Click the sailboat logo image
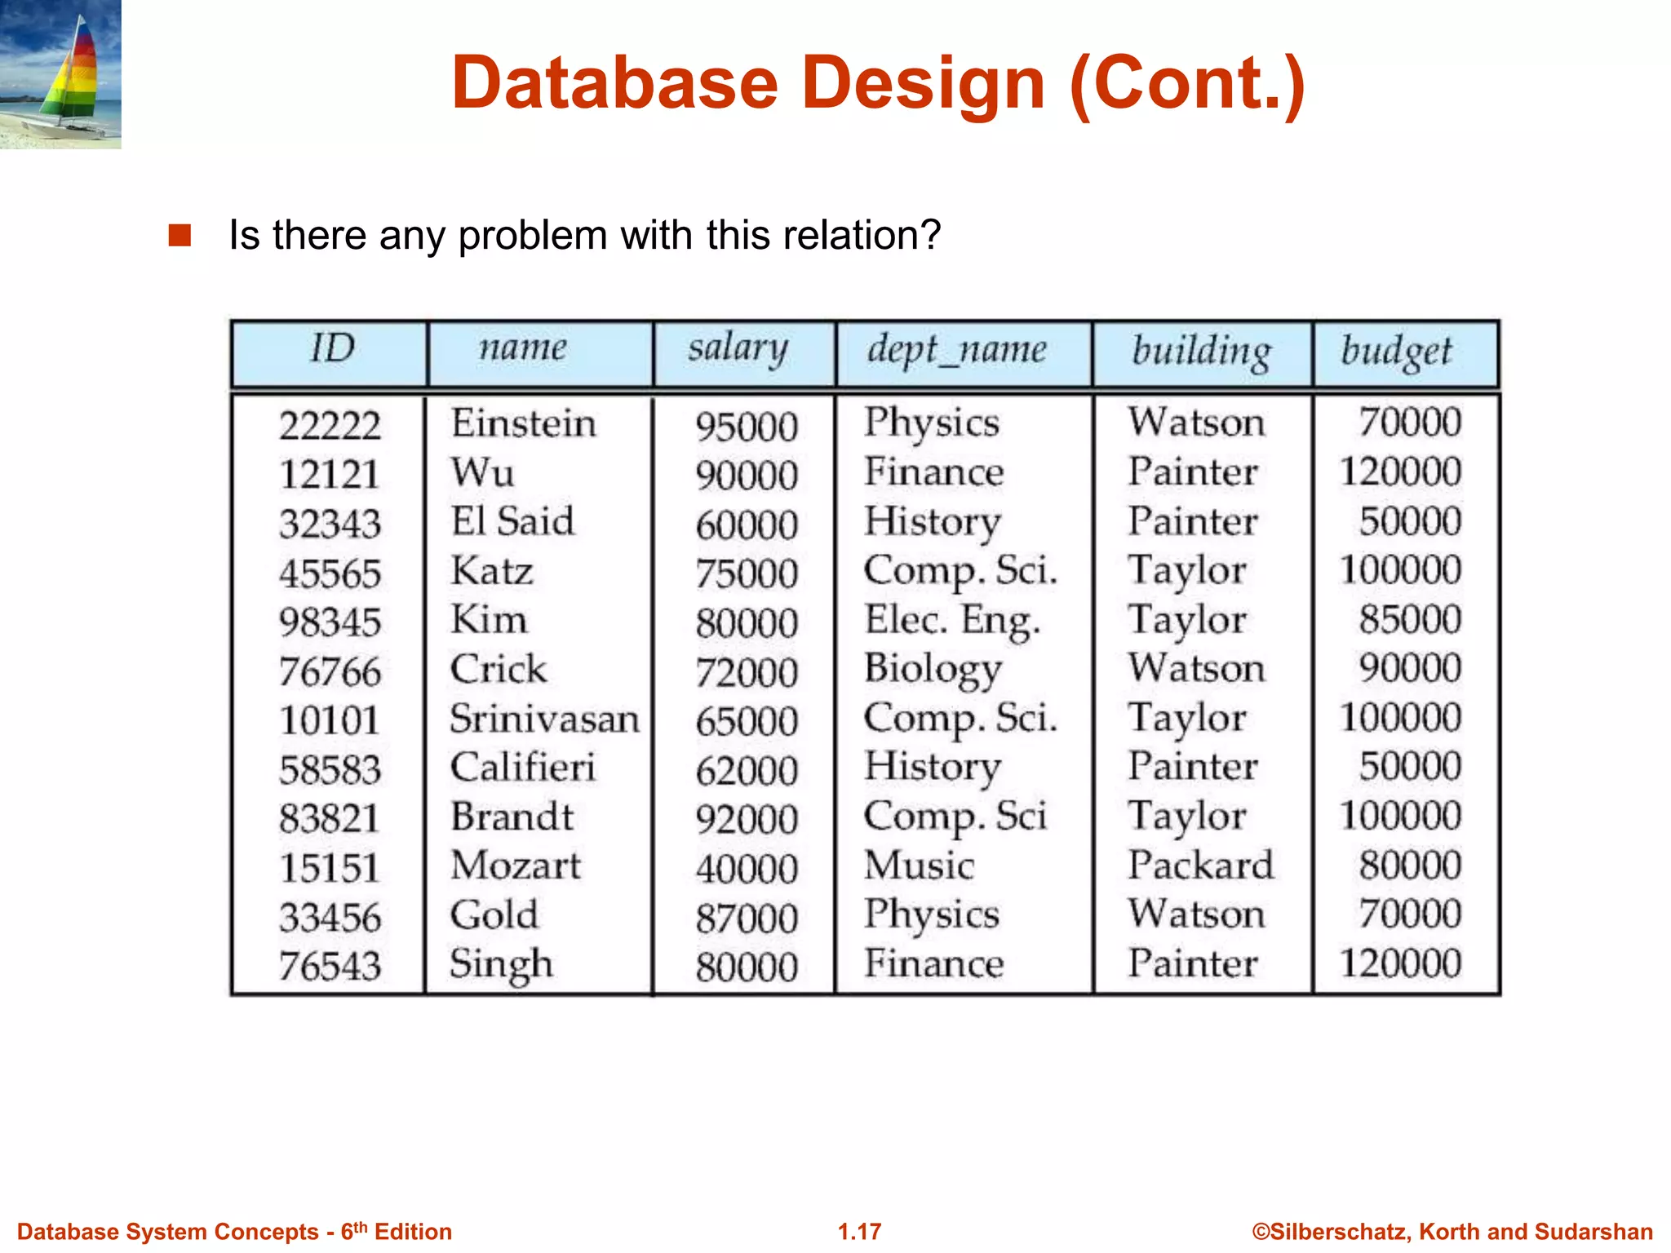[x=60, y=73]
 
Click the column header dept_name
[x=956, y=351]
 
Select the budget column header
[x=1397, y=352]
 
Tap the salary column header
[x=738, y=349]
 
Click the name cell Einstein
[x=524, y=423]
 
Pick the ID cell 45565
[x=330, y=573]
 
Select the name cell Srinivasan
[x=544, y=719]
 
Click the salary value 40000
[x=747, y=868]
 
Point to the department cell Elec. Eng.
[x=952, y=620]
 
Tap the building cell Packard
[x=1200, y=865]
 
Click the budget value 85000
[x=1410, y=619]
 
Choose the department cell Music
[x=920, y=865]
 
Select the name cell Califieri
[x=523, y=768]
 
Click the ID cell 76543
[x=330, y=966]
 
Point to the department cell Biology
[x=933, y=669]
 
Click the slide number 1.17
[x=859, y=1231]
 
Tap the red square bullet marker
[x=180, y=235]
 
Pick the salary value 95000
[x=747, y=426]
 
